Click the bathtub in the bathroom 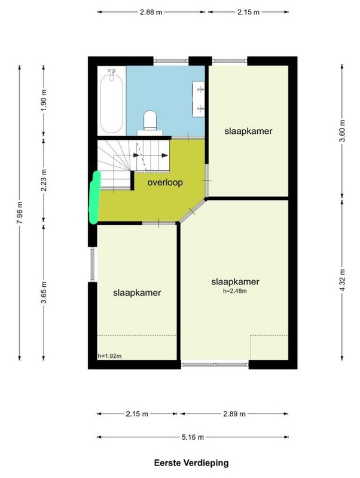tap(111, 101)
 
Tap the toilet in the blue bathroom tap(150, 121)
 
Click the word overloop tap(165, 183)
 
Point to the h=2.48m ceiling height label tap(234, 291)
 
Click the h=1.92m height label tap(110, 356)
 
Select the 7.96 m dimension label tap(20, 213)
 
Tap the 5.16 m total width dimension tap(193, 437)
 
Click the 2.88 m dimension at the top tap(151, 12)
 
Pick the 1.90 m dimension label tap(44, 100)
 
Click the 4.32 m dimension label tap(342, 280)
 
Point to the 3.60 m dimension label tap(342, 131)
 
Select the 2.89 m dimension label tap(234, 413)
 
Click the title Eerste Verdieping tap(191, 463)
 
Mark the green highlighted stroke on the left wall tap(95, 197)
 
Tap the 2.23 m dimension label tap(44, 180)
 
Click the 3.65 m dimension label tap(44, 293)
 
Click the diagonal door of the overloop tap(192, 211)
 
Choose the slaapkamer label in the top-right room tap(248, 131)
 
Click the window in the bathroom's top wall tap(171, 61)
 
